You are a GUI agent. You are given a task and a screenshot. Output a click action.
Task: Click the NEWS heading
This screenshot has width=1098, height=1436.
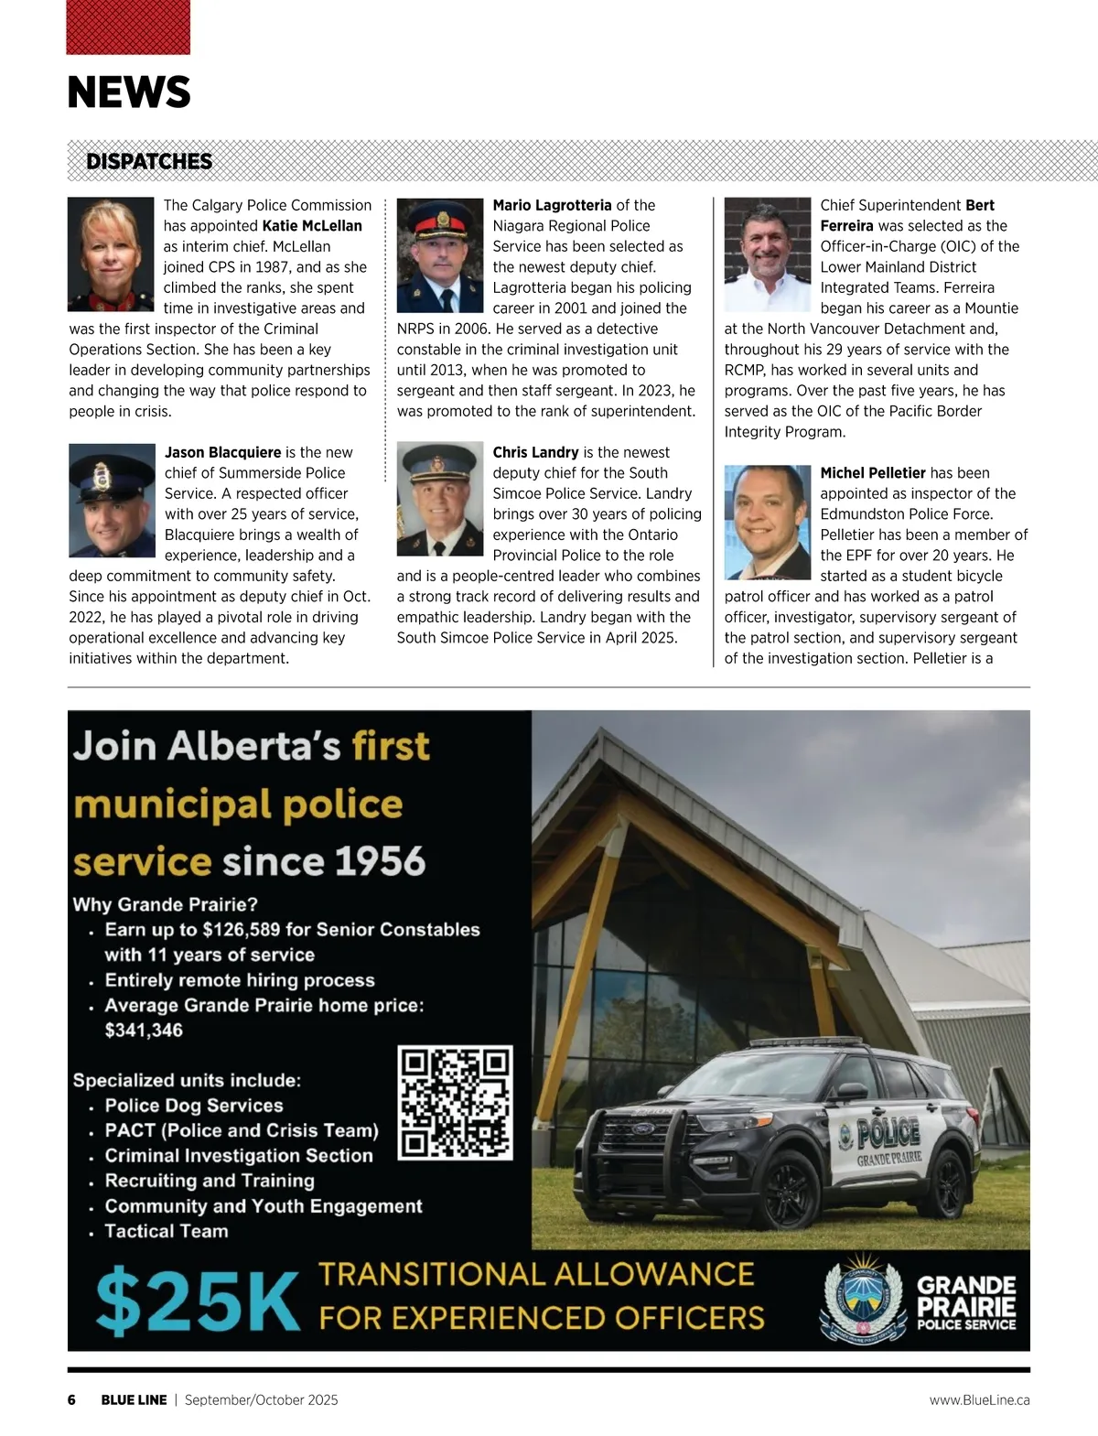(x=129, y=92)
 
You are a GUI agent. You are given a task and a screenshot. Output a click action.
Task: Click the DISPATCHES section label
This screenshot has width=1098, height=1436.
(x=149, y=162)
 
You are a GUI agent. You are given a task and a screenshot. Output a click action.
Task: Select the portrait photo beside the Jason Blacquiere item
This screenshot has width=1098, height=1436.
(x=111, y=500)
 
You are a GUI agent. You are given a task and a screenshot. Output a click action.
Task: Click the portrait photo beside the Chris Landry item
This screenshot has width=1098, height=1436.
(x=439, y=500)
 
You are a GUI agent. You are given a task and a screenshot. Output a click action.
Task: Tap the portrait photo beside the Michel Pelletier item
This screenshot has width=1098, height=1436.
(x=767, y=522)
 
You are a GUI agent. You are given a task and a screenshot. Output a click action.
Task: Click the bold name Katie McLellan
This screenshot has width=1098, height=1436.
(x=312, y=226)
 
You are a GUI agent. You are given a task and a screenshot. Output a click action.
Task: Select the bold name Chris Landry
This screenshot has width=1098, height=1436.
(x=535, y=452)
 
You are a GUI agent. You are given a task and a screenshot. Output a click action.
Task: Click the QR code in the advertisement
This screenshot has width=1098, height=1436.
(x=455, y=1103)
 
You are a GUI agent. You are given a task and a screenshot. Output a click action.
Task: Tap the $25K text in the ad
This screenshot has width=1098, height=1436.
(x=197, y=1300)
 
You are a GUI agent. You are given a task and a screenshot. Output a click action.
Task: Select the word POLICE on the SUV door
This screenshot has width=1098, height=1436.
(x=888, y=1133)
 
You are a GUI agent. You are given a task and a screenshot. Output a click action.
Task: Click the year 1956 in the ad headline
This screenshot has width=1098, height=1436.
(x=379, y=861)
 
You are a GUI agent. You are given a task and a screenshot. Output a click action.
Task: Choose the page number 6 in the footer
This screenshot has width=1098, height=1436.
(x=71, y=1399)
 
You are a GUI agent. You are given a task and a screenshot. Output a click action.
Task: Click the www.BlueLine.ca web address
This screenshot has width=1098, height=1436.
(x=979, y=1399)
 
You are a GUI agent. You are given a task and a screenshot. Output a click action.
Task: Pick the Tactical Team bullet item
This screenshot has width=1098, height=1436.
(x=166, y=1232)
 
